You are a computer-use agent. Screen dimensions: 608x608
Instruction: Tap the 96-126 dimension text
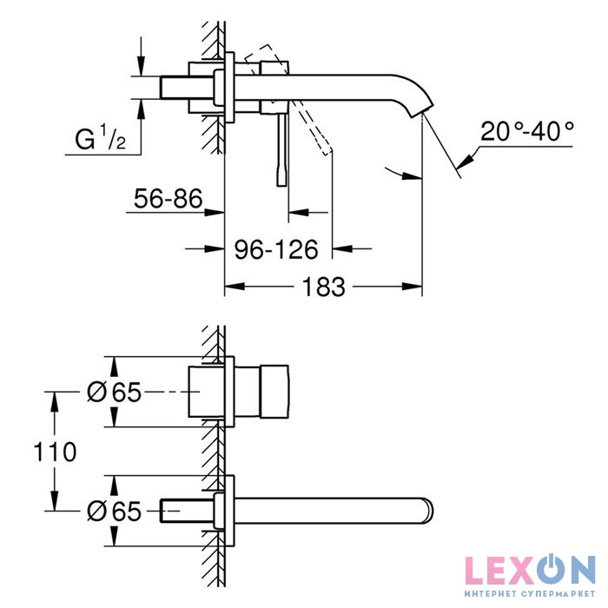coord(277,249)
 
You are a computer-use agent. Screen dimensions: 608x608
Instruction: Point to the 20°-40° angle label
coord(528,132)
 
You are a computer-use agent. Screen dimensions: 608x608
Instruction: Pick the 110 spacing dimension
coord(55,452)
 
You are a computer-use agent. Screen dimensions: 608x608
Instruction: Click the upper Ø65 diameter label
coord(114,393)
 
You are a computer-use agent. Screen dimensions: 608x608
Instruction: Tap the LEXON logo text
coord(530,570)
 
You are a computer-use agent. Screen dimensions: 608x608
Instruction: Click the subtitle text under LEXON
coord(530,595)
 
